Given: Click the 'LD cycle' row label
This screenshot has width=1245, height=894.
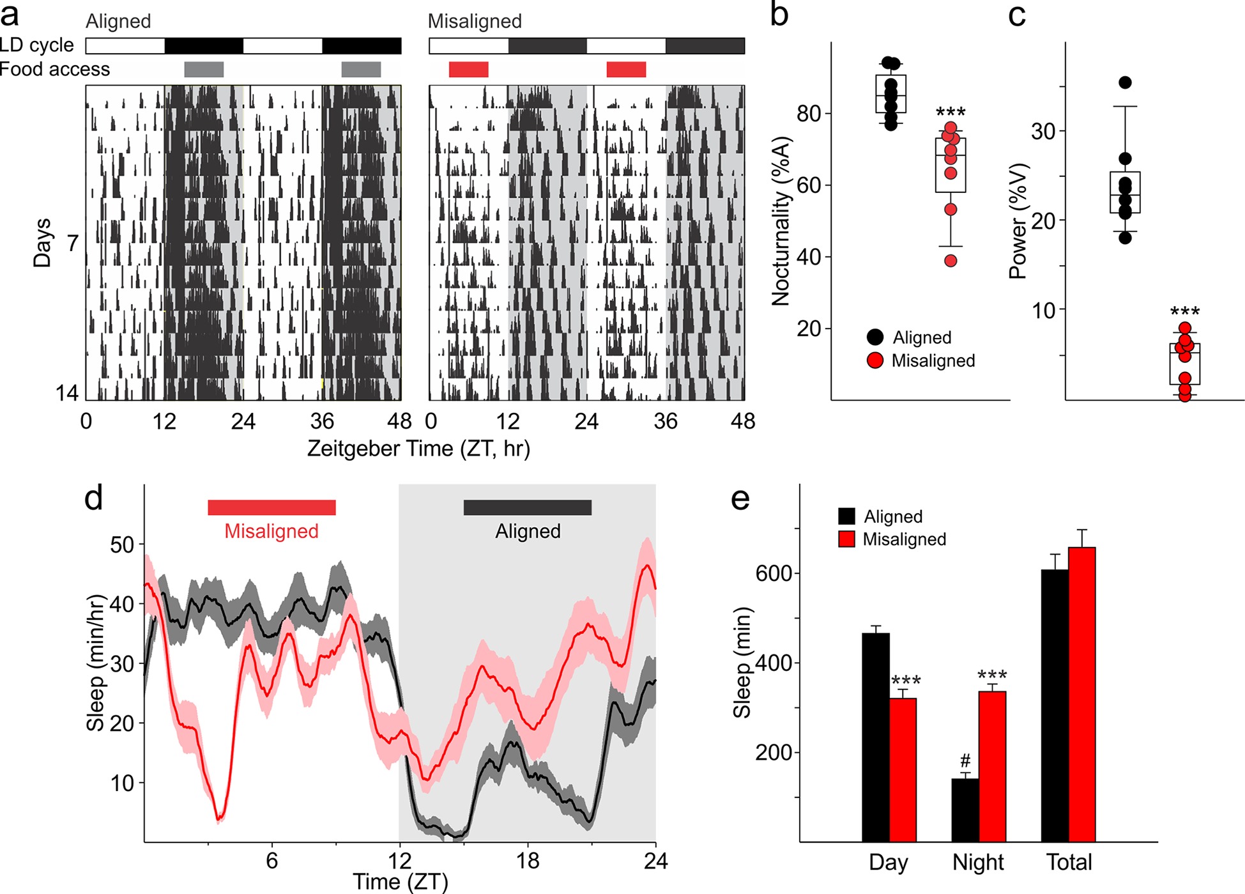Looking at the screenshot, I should (x=37, y=45).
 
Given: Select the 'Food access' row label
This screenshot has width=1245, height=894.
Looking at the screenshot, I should (x=55, y=69).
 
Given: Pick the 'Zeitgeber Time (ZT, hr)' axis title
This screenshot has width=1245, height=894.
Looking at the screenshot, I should (x=418, y=449).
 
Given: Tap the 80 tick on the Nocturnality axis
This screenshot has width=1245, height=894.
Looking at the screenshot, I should (x=809, y=114).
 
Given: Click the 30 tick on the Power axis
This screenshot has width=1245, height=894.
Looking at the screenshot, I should (x=1043, y=132).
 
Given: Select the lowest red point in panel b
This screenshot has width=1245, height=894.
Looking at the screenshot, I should (x=951, y=261).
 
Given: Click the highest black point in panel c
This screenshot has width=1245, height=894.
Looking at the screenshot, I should (x=1125, y=82).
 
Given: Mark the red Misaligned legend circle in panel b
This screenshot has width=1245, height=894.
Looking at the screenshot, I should (x=875, y=360).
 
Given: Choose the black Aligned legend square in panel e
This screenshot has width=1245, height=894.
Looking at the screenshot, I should (x=846, y=516).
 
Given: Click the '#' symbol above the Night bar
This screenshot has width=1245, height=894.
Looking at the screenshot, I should (x=965, y=761).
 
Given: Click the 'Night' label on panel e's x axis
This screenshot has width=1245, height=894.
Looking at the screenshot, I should (x=978, y=863).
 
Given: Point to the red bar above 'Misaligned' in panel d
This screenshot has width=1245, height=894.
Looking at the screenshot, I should (x=271, y=507).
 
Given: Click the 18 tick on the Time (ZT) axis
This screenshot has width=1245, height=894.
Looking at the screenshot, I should (x=528, y=861).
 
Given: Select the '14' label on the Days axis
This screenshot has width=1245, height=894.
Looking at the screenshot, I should (x=67, y=392).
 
